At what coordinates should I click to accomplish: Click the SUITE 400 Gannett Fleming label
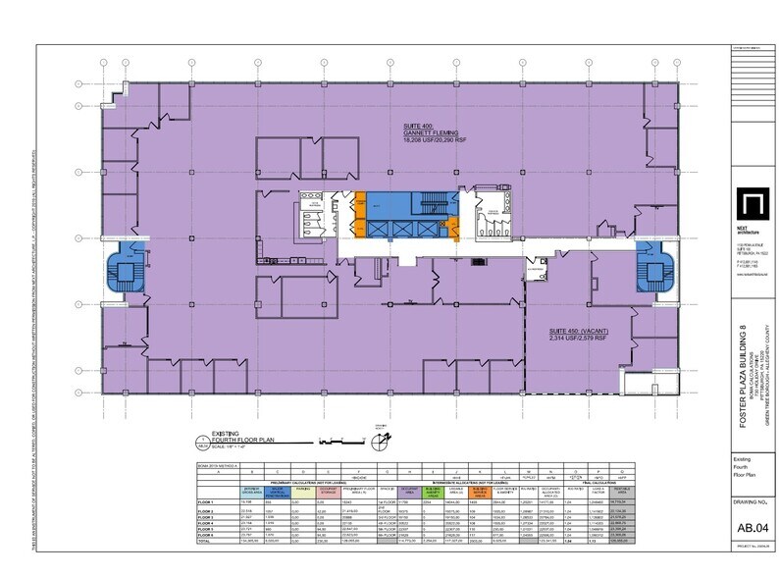coord(429,134)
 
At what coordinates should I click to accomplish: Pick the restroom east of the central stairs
coord(483,219)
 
